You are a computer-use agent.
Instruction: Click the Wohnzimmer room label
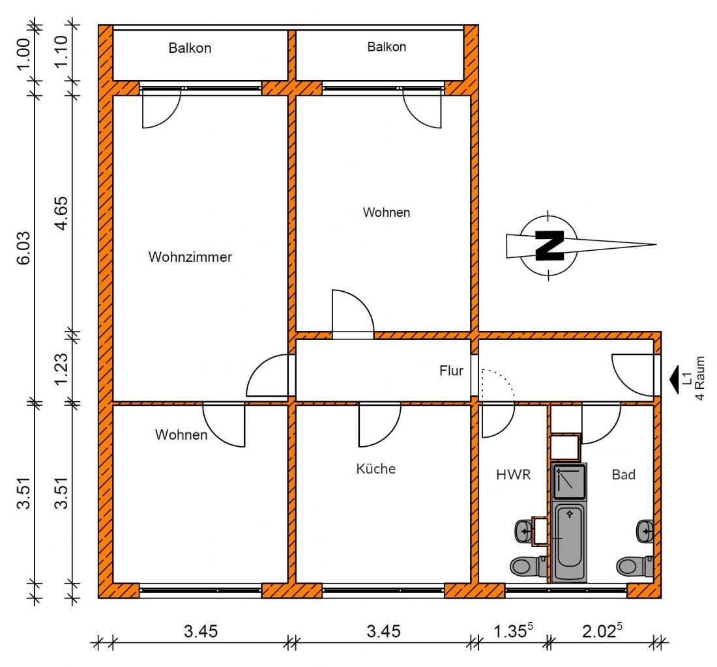[x=190, y=257]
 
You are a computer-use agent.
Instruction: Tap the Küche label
[x=376, y=469]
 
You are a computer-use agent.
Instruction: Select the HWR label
[x=514, y=475]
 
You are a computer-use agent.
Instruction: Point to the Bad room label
[x=624, y=475]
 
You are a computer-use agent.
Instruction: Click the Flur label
[x=451, y=371]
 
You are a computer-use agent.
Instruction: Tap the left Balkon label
[x=190, y=48]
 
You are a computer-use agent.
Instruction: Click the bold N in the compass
[x=549, y=246]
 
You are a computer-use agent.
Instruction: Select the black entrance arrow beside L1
[x=674, y=380]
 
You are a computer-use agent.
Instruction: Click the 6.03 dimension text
[x=23, y=248]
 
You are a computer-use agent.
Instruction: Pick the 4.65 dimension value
[x=61, y=214]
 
